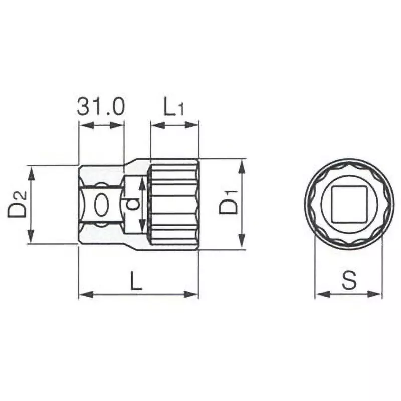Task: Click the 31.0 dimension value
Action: (x=101, y=107)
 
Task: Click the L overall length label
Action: (x=136, y=281)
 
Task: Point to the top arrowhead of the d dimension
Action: (x=142, y=182)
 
